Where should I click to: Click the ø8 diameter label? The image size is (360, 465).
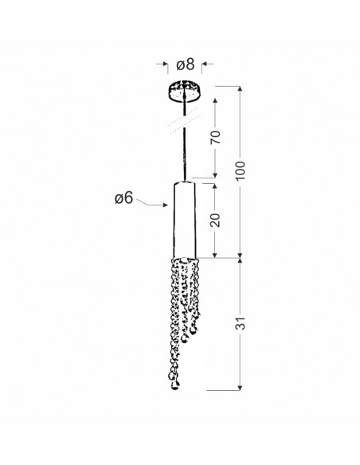pyautogui.click(x=186, y=64)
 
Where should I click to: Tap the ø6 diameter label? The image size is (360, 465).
pyautogui.click(x=124, y=198)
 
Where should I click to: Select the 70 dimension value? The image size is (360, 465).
pyautogui.click(x=216, y=137)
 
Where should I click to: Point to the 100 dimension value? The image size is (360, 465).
pyautogui.click(x=241, y=170)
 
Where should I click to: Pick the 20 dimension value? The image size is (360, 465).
pyautogui.click(x=216, y=220)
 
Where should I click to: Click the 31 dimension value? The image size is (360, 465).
pyautogui.click(x=241, y=323)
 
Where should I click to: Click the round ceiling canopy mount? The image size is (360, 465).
pyautogui.click(x=184, y=92)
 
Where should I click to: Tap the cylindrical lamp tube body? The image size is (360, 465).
pyautogui.click(x=185, y=220)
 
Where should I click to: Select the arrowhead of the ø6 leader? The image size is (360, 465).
pyautogui.click(x=165, y=205)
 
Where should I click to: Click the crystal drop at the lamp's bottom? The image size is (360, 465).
pyautogui.click(x=175, y=385)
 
